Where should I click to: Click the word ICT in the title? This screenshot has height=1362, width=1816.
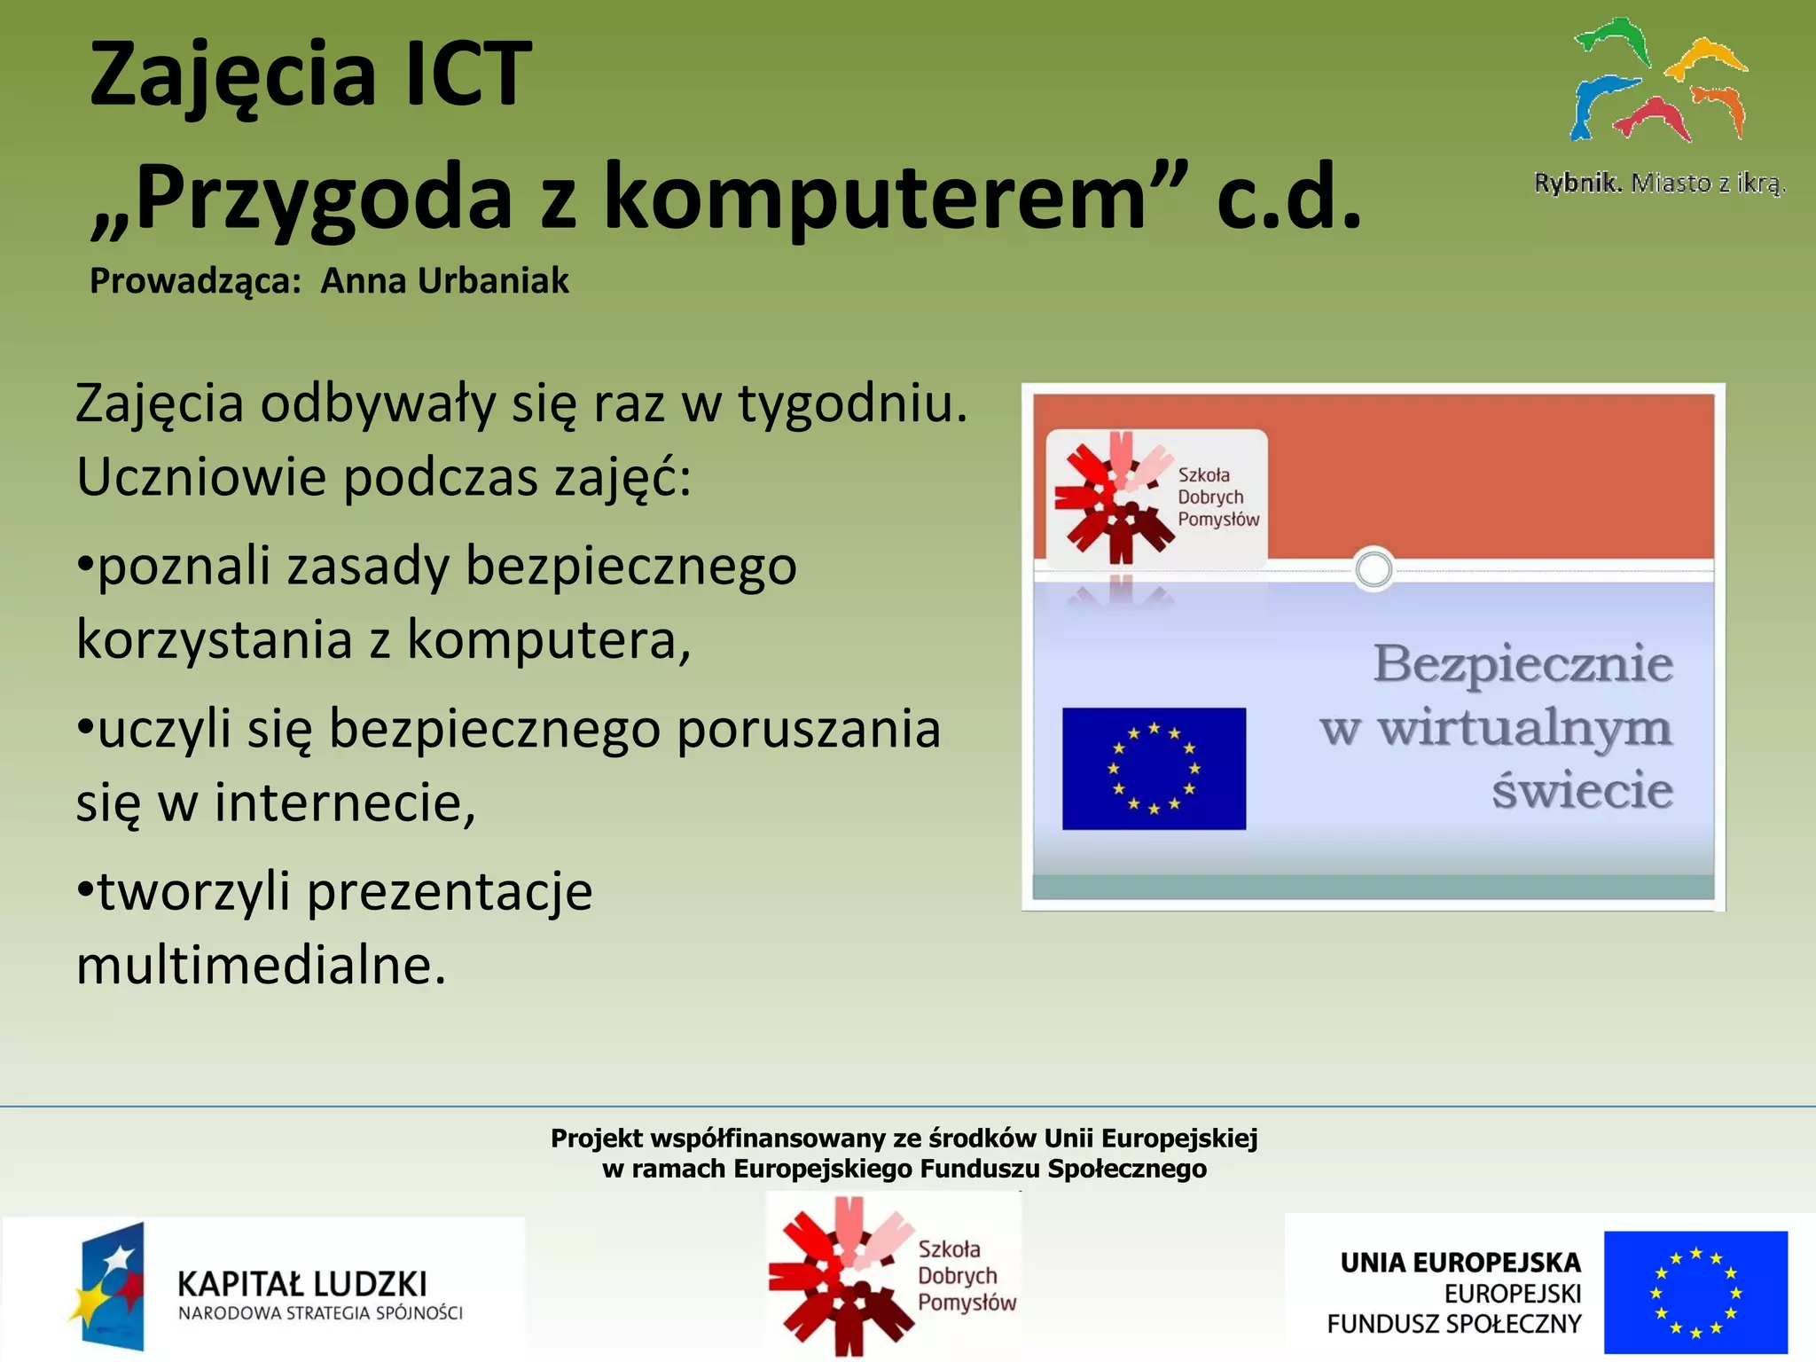point(466,75)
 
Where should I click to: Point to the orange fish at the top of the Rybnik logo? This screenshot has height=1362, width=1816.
point(1707,58)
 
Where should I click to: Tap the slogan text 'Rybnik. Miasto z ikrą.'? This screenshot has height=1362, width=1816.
point(1659,184)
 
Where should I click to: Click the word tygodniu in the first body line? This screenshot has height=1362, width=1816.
point(852,404)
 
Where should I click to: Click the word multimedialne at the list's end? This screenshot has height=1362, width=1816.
point(261,966)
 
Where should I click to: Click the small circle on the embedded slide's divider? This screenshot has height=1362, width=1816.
point(1374,569)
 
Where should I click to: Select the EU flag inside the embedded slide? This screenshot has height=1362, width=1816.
point(1154,769)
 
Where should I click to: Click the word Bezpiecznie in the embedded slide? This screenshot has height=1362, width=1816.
point(1522,664)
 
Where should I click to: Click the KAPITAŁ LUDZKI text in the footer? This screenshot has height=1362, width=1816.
point(301,1284)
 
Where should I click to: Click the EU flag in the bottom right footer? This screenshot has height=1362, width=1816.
point(1695,1292)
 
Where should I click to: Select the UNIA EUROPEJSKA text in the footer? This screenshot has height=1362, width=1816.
point(1460,1263)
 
